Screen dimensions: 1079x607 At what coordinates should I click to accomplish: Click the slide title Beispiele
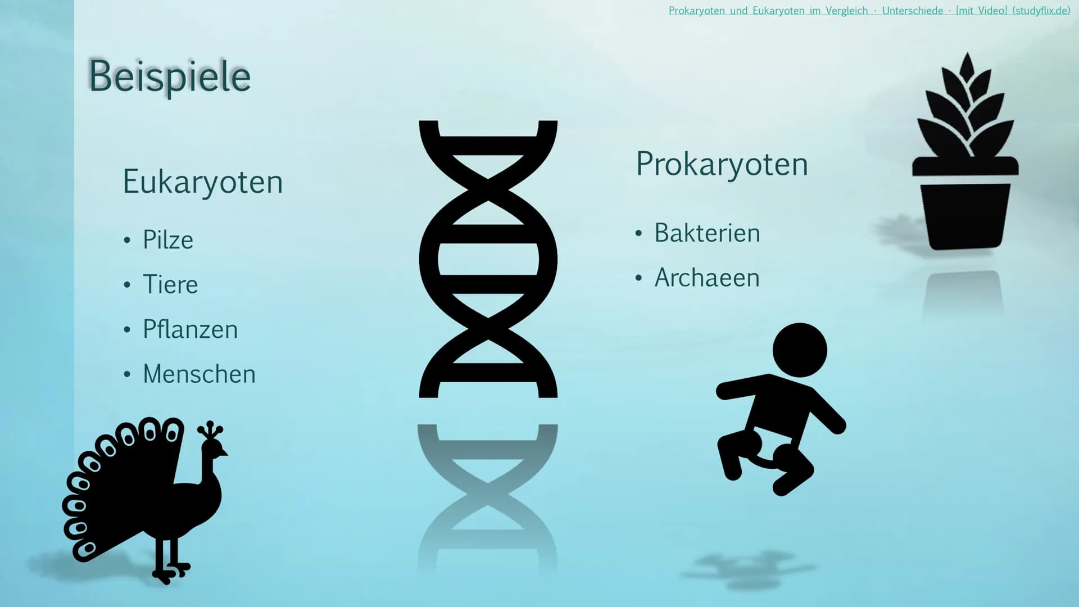pos(170,76)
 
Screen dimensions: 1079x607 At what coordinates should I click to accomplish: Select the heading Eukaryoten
pos(203,182)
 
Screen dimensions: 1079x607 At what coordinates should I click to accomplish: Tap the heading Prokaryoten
pos(722,164)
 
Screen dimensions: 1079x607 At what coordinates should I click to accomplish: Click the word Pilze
pos(168,240)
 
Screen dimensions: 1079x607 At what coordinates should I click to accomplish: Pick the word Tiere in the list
pos(170,284)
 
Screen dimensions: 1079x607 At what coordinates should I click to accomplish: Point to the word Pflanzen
pos(191,329)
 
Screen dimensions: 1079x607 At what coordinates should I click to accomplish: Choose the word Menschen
pos(200,374)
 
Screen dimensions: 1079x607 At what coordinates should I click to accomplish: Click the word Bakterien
pos(707,233)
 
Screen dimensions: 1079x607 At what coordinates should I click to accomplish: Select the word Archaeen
pos(707,278)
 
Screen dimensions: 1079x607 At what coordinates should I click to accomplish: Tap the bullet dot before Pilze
pos(127,241)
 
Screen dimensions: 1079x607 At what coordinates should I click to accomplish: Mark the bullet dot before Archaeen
pos(638,278)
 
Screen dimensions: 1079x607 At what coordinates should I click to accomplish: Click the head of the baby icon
pos(800,350)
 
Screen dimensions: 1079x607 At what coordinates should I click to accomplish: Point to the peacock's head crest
pos(210,431)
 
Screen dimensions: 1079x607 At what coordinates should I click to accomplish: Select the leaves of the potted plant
pos(966,107)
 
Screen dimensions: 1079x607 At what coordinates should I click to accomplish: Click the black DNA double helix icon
pos(488,259)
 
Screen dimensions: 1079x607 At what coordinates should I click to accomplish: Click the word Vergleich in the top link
pos(847,11)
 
